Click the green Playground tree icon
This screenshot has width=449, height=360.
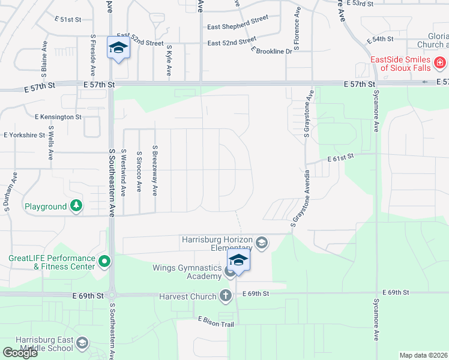tap(76, 206)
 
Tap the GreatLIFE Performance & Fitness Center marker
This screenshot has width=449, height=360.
tap(104, 261)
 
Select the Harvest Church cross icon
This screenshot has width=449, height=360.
tap(225, 295)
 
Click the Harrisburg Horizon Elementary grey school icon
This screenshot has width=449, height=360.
tap(261, 243)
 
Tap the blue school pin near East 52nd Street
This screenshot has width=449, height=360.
tap(118, 48)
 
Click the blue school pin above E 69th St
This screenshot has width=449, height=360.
tap(238, 261)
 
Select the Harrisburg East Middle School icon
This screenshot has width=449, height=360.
tap(82, 343)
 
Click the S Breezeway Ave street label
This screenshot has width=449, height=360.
tap(155, 170)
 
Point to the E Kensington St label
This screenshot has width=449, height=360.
tap(58, 116)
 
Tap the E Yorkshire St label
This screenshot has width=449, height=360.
tap(25, 136)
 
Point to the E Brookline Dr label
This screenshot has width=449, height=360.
tap(271, 51)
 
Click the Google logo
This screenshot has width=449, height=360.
tap(20, 353)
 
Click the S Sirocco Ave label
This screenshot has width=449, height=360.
tap(139, 171)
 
